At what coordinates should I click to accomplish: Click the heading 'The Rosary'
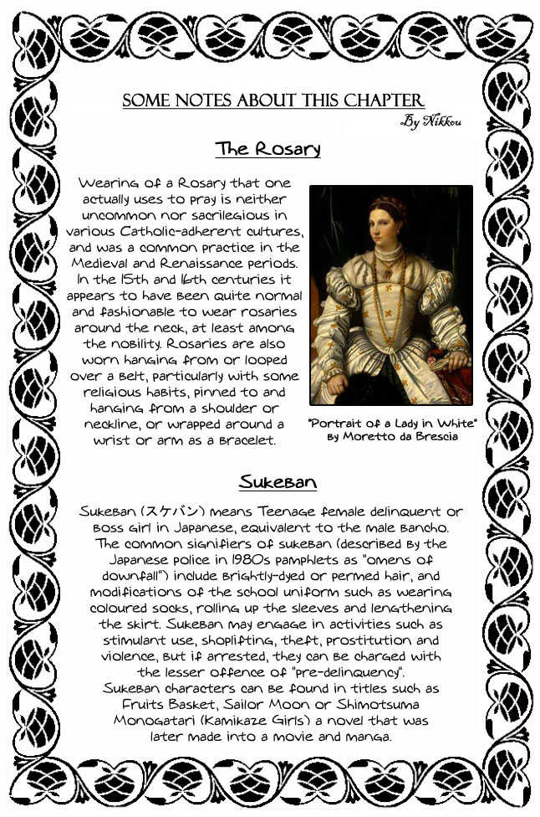[267, 150]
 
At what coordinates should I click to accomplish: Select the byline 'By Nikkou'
[431, 122]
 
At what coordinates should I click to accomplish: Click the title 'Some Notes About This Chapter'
[273, 101]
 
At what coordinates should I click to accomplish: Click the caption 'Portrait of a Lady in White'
[392, 423]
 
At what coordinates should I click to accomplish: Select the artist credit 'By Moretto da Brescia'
[392, 437]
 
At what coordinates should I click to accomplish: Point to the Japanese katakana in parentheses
[193, 511]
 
